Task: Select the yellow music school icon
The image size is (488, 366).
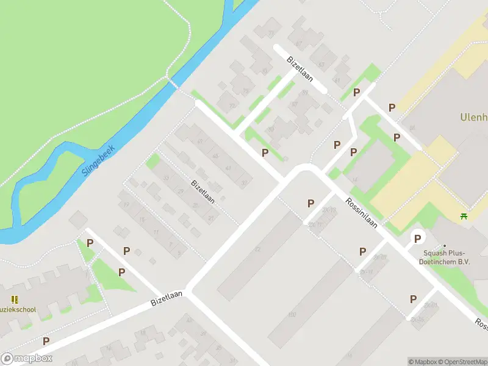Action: tap(15, 300)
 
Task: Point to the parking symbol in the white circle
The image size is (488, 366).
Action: tap(418, 238)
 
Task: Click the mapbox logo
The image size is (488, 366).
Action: tap(27, 359)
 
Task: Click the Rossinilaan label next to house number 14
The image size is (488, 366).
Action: tap(362, 212)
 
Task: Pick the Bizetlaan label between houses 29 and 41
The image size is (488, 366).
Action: tap(203, 191)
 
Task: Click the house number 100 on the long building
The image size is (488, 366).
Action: tap(291, 314)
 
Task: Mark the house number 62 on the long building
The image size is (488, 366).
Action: tap(257, 249)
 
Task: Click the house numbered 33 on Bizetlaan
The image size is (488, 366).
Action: tap(166, 178)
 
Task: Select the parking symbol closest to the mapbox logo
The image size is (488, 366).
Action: tap(46, 341)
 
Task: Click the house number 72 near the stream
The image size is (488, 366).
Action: tap(231, 106)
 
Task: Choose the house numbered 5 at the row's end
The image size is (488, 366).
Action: tap(179, 252)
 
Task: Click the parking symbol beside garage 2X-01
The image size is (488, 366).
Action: tap(413, 299)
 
